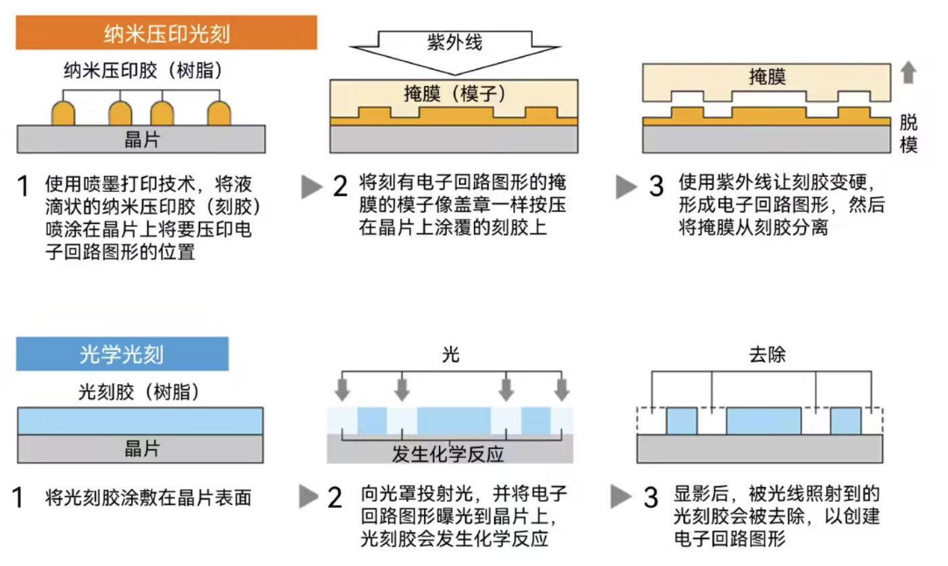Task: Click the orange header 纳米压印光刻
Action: (x=166, y=33)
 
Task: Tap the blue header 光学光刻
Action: (x=122, y=354)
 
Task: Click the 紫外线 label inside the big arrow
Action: (x=454, y=43)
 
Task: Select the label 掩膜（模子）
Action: (x=454, y=93)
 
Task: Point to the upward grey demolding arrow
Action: (x=908, y=72)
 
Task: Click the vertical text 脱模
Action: (x=908, y=134)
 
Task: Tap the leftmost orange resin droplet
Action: (x=63, y=113)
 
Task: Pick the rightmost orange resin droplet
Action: (x=219, y=113)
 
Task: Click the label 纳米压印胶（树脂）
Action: (x=143, y=70)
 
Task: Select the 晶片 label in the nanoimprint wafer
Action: (x=142, y=140)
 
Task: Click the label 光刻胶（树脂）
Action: (x=139, y=392)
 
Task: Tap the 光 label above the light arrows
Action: (x=451, y=354)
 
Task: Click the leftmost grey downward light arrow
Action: (x=342, y=389)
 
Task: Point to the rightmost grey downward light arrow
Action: (x=562, y=389)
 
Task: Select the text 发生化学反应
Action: (x=448, y=454)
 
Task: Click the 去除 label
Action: (x=767, y=354)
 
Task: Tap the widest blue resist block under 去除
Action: (x=764, y=421)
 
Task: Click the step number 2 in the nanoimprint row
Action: (x=340, y=186)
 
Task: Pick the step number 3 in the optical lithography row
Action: (x=651, y=497)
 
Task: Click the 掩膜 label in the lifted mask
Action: (x=767, y=77)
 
